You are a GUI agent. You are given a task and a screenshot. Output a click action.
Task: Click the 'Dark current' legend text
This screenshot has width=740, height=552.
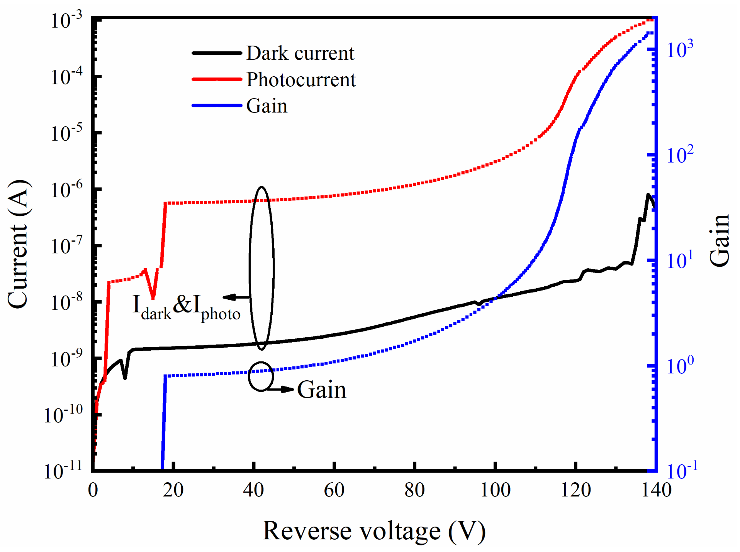click(300, 53)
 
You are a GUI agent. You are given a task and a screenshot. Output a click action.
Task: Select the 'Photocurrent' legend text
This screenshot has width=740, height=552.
click(301, 80)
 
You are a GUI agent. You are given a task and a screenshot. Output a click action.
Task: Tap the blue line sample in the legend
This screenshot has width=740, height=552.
click(216, 106)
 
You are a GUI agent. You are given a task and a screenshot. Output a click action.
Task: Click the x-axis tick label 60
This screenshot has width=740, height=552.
click(334, 490)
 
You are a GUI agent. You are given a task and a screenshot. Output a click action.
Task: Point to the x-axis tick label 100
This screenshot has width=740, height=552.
click(495, 490)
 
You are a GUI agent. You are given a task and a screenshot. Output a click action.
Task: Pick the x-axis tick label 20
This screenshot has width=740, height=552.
click(173, 490)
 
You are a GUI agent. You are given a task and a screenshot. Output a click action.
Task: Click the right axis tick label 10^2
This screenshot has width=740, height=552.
click(680, 155)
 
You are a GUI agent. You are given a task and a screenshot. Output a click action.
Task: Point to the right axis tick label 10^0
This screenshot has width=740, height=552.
click(680, 366)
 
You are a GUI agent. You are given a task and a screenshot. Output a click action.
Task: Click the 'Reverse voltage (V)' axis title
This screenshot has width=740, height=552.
click(374, 531)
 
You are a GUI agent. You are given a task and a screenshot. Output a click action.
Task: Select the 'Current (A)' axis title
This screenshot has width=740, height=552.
click(18, 244)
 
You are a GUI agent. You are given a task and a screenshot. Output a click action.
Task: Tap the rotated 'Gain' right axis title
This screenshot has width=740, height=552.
click(719, 241)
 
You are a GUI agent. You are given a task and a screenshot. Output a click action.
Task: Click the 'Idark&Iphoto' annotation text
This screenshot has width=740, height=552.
click(186, 307)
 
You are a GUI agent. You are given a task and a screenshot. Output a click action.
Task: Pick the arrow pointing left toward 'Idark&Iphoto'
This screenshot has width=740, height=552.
click(236, 297)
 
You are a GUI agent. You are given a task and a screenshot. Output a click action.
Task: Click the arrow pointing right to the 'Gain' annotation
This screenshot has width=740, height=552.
click(282, 389)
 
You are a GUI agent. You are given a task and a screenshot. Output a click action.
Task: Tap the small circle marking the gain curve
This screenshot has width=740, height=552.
click(261, 376)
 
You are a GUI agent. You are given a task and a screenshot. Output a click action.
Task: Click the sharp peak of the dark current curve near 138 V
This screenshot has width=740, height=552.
click(648, 194)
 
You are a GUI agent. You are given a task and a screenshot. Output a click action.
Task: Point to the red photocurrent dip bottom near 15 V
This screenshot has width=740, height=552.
click(153, 298)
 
